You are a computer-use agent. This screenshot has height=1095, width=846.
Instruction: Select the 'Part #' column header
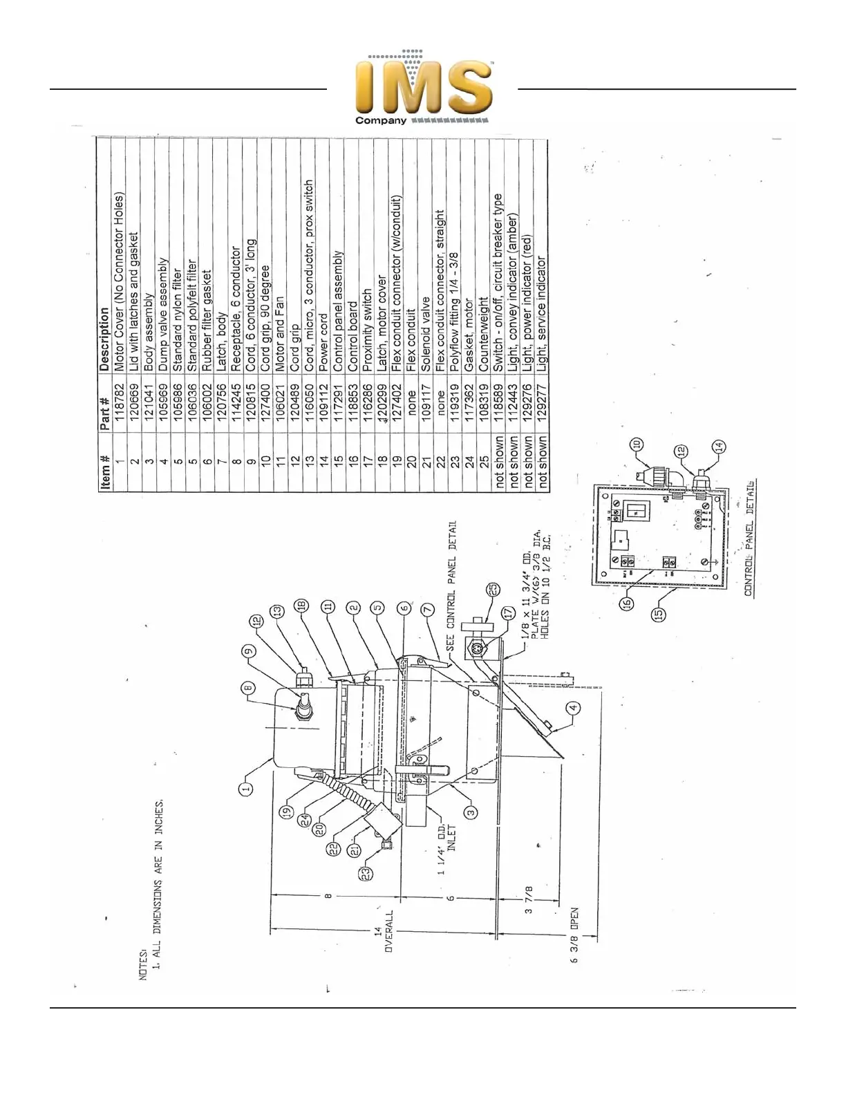[105, 412]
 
